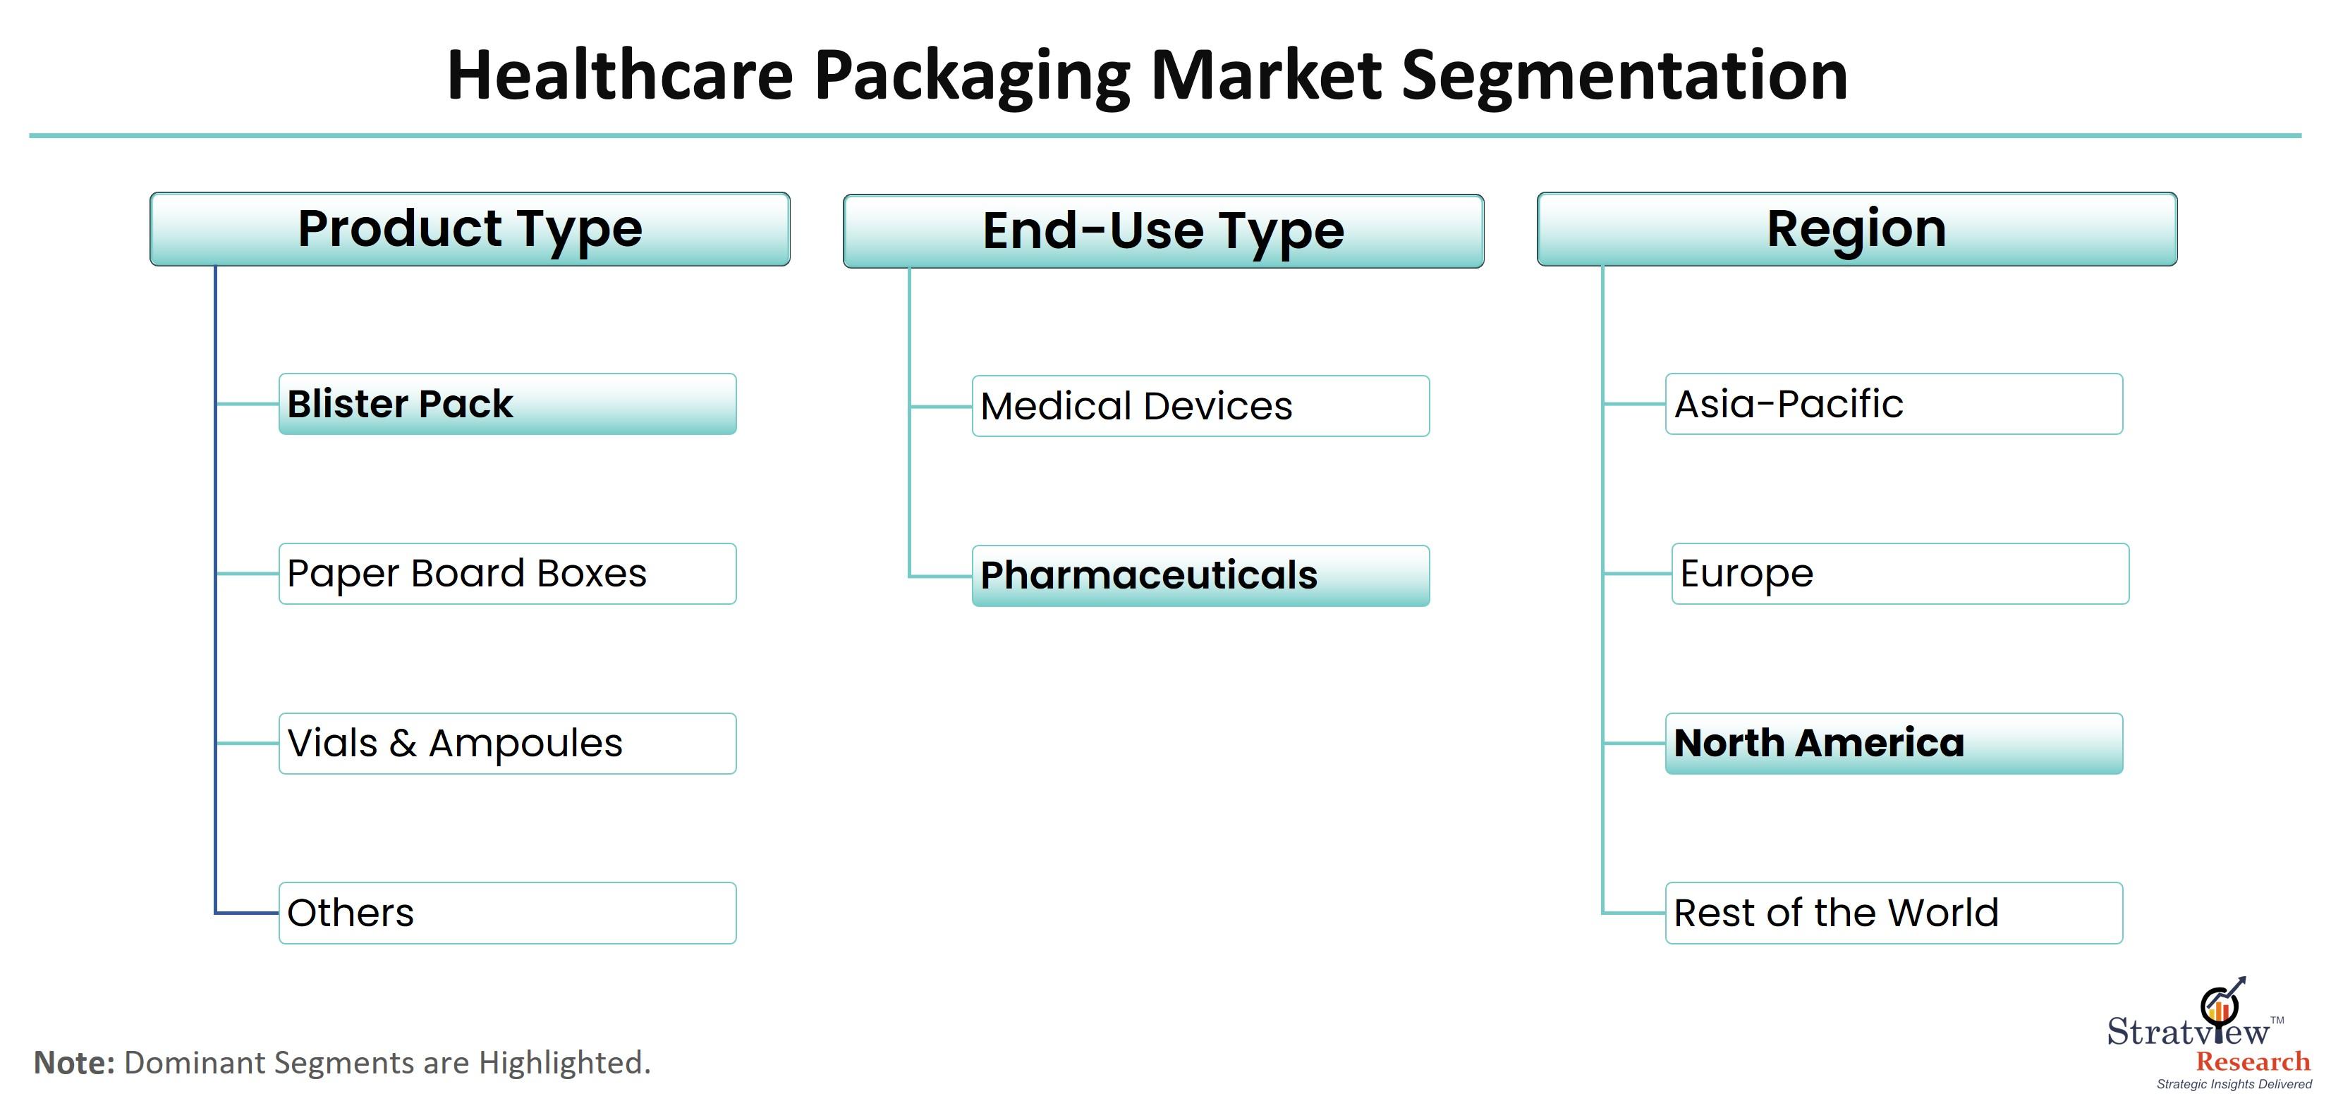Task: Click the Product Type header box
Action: pos(470,229)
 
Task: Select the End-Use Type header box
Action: pos(1163,230)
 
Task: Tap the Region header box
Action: pos(1857,229)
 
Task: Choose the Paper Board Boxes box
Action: pos(508,574)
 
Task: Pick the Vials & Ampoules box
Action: pos(508,744)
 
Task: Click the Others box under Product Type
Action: pos(508,913)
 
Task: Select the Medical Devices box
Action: pos(1201,406)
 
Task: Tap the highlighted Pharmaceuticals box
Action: pos(1201,575)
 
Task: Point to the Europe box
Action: pos(1900,574)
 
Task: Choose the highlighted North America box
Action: pos(1894,744)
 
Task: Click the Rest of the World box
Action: pos(1894,913)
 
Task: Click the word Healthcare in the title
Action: pos(621,75)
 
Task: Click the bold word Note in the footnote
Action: pos(74,1063)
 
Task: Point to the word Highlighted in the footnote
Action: pos(565,1064)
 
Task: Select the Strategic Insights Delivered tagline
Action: pos(2234,1085)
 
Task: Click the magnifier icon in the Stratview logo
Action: pos(2220,1006)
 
